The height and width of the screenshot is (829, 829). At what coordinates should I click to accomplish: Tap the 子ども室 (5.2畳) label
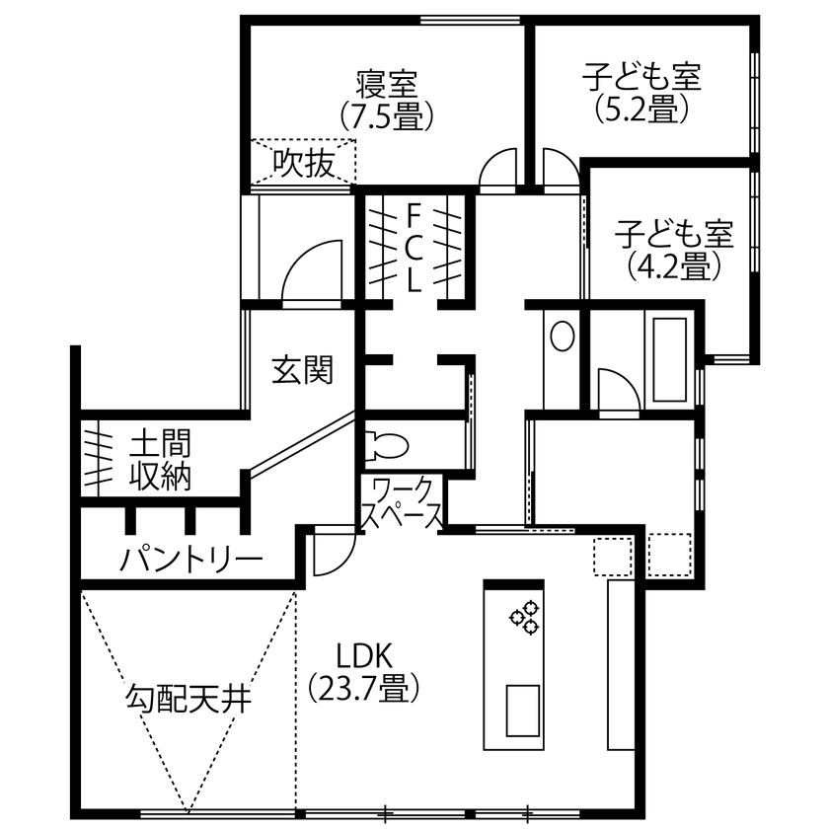pos(641,93)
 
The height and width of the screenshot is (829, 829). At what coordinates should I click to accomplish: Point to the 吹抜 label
pos(303,161)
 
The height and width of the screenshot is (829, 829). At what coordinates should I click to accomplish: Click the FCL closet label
pos(414,246)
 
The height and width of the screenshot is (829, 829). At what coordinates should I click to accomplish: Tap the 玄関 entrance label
pos(302,370)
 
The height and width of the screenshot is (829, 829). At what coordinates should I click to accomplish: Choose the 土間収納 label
pos(160,460)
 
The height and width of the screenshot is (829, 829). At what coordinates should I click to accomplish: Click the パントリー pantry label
pos(192,560)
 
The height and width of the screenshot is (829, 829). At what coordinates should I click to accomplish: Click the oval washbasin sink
pos(562,338)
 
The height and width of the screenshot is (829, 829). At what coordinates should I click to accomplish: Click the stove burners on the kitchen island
pos(524,617)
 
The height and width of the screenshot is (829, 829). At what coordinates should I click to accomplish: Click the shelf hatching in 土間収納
pos(97,460)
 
